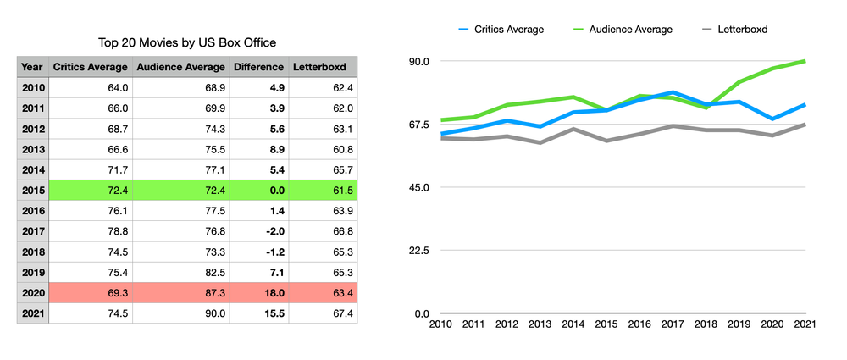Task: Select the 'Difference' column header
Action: coord(258,67)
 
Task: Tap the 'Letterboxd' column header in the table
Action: coord(323,67)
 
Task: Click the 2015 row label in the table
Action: coord(32,191)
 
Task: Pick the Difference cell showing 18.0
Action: coord(258,293)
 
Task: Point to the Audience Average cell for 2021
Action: coord(180,313)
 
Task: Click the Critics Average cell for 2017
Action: coord(91,231)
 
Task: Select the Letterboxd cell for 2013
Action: coord(323,149)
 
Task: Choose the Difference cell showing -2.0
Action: coord(258,231)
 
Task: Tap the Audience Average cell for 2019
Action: coord(180,273)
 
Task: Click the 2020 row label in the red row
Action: coord(32,293)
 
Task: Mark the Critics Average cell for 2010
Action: coord(91,87)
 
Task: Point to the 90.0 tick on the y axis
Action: coord(421,62)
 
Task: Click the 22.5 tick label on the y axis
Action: coord(421,251)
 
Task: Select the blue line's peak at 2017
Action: coord(673,92)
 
